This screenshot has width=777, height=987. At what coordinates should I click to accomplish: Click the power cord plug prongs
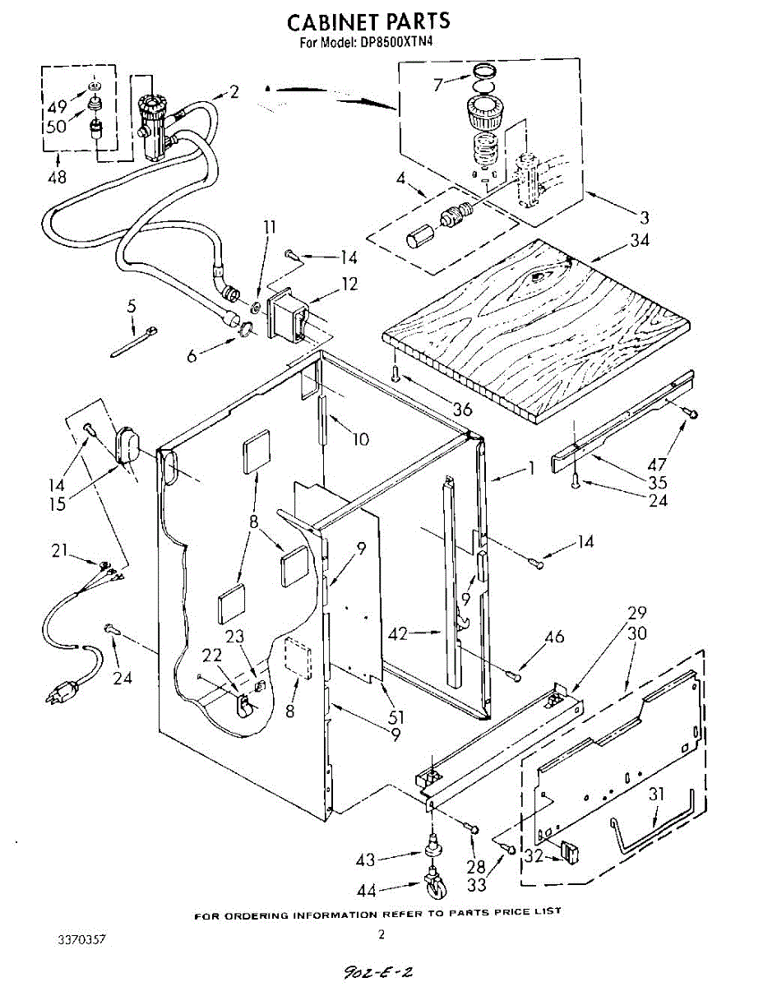54,696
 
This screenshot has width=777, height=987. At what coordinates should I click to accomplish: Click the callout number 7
438,83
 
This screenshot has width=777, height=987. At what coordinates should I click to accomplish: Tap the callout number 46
555,637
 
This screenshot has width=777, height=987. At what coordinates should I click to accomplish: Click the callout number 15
57,503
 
